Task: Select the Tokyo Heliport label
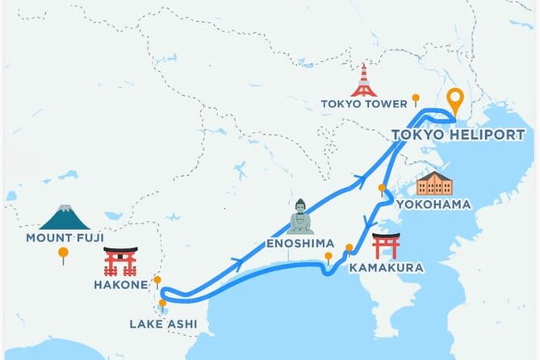tap(458, 135)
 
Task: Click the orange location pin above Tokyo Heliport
tap(457, 101)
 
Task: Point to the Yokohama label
tap(444, 205)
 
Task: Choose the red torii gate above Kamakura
tap(386, 245)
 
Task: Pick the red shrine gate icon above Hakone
tap(121, 262)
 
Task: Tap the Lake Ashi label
tap(162, 325)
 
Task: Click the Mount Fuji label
tap(64, 237)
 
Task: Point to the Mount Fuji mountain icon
tap(64, 216)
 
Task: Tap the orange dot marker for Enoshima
tap(329, 257)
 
